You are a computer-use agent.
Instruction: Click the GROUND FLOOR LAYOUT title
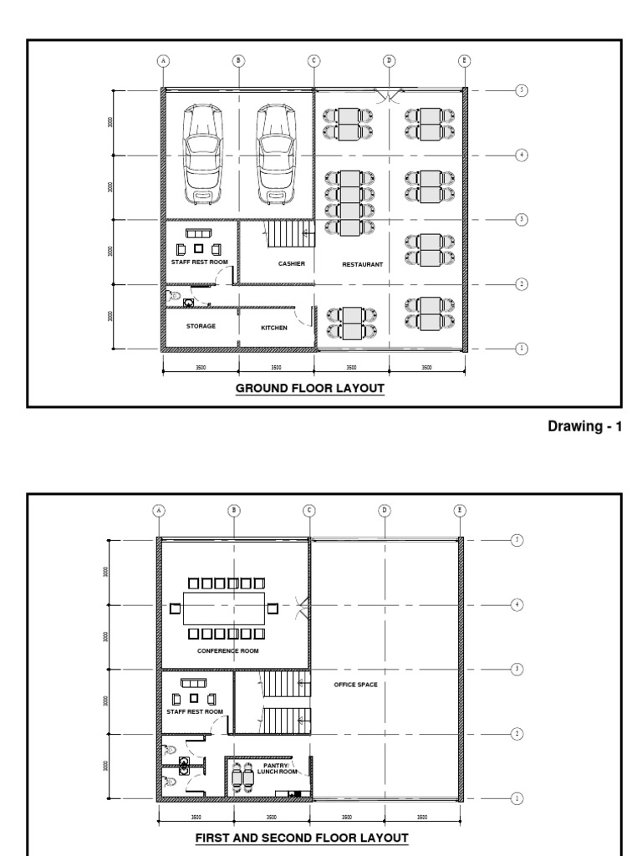click(x=309, y=389)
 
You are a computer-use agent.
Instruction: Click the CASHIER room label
click(x=292, y=264)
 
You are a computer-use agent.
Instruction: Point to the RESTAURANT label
click(x=362, y=264)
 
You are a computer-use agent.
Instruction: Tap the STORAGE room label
click(x=201, y=326)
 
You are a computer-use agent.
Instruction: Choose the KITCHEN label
click(x=274, y=328)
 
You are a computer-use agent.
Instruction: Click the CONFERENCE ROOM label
click(x=227, y=650)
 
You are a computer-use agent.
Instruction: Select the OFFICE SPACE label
click(x=355, y=685)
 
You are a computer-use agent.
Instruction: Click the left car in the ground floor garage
click(x=200, y=153)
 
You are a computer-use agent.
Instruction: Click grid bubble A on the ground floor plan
click(x=163, y=60)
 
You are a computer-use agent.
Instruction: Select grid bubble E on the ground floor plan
click(x=464, y=60)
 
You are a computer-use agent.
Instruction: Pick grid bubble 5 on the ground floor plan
click(x=522, y=90)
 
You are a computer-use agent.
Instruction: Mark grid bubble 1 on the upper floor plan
click(x=517, y=798)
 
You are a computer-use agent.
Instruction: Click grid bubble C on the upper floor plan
click(x=308, y=510)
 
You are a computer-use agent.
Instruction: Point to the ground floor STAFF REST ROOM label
click(x=200, y=263)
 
